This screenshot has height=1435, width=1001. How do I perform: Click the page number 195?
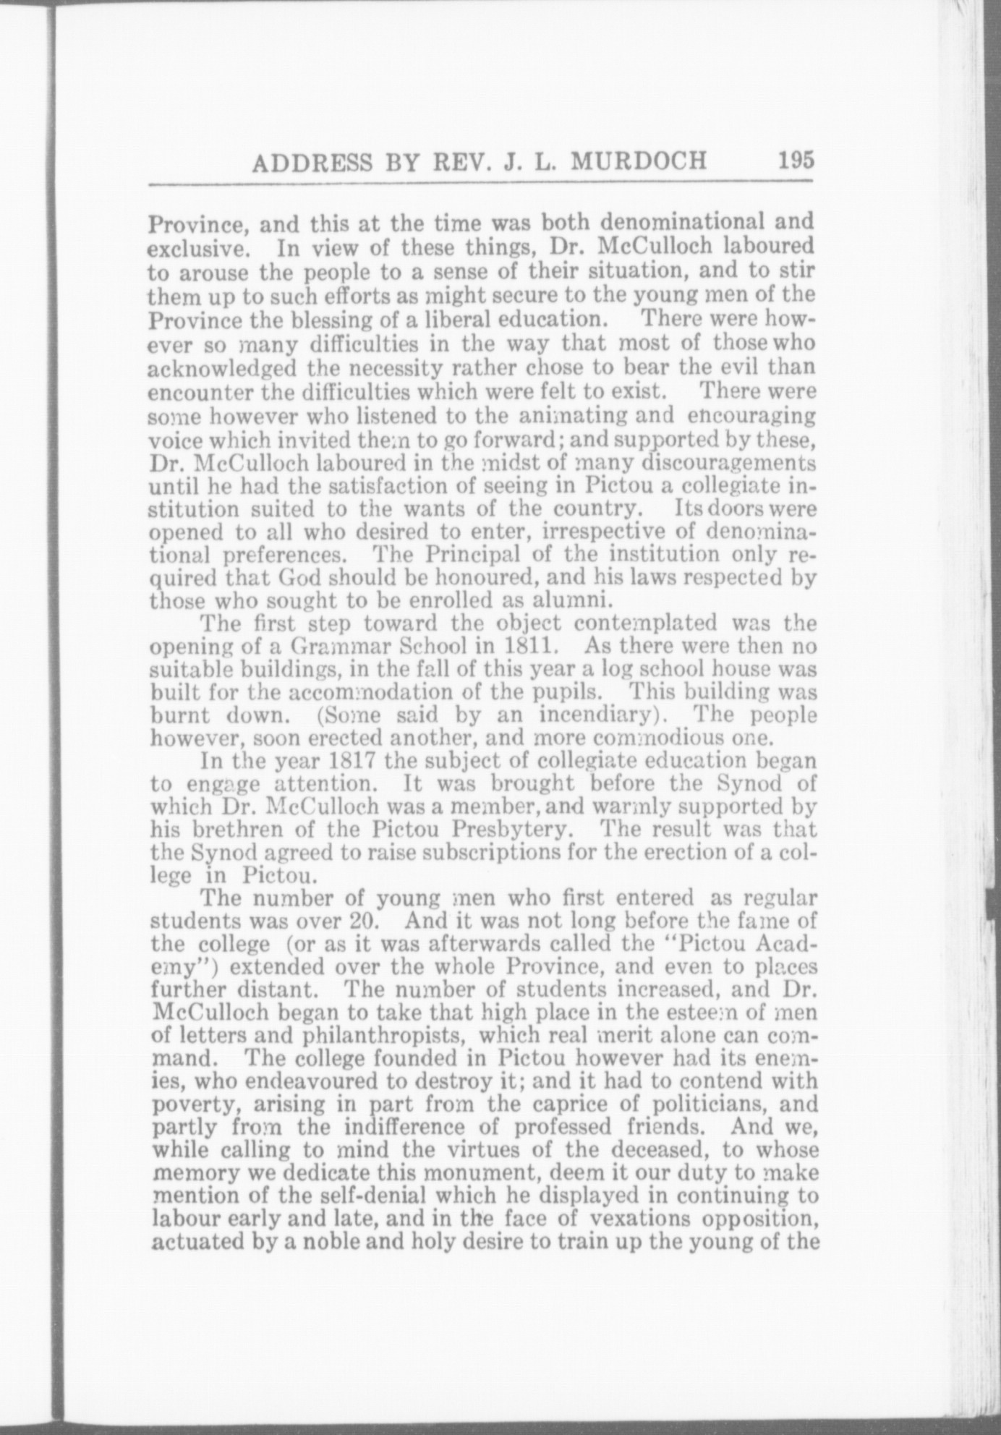[x=796, y=159]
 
